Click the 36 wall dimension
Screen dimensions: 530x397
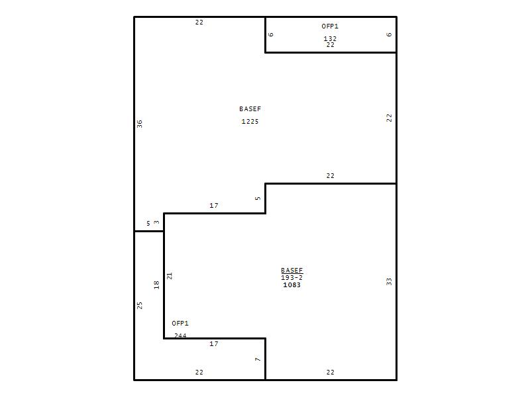140,124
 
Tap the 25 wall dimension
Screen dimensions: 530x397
140,306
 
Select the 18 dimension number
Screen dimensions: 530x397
156,285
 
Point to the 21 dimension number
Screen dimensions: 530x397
170,276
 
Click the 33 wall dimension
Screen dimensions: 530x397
389,282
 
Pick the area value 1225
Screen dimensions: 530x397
250,122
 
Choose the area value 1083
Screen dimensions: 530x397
291,285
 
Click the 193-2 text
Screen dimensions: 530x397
291,277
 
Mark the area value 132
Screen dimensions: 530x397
330,38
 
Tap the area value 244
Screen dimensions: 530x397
180,335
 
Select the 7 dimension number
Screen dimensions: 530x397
258,359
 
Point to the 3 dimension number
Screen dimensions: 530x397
156,222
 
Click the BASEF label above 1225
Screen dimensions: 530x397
250,109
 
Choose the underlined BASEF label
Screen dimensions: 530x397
292,271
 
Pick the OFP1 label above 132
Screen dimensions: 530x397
330,26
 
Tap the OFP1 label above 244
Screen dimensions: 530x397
180,323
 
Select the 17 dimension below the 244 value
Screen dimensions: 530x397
213,343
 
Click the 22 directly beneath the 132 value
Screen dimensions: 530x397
330,44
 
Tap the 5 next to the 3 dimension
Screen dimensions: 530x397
148,224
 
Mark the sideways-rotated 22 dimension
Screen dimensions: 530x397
389,118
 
